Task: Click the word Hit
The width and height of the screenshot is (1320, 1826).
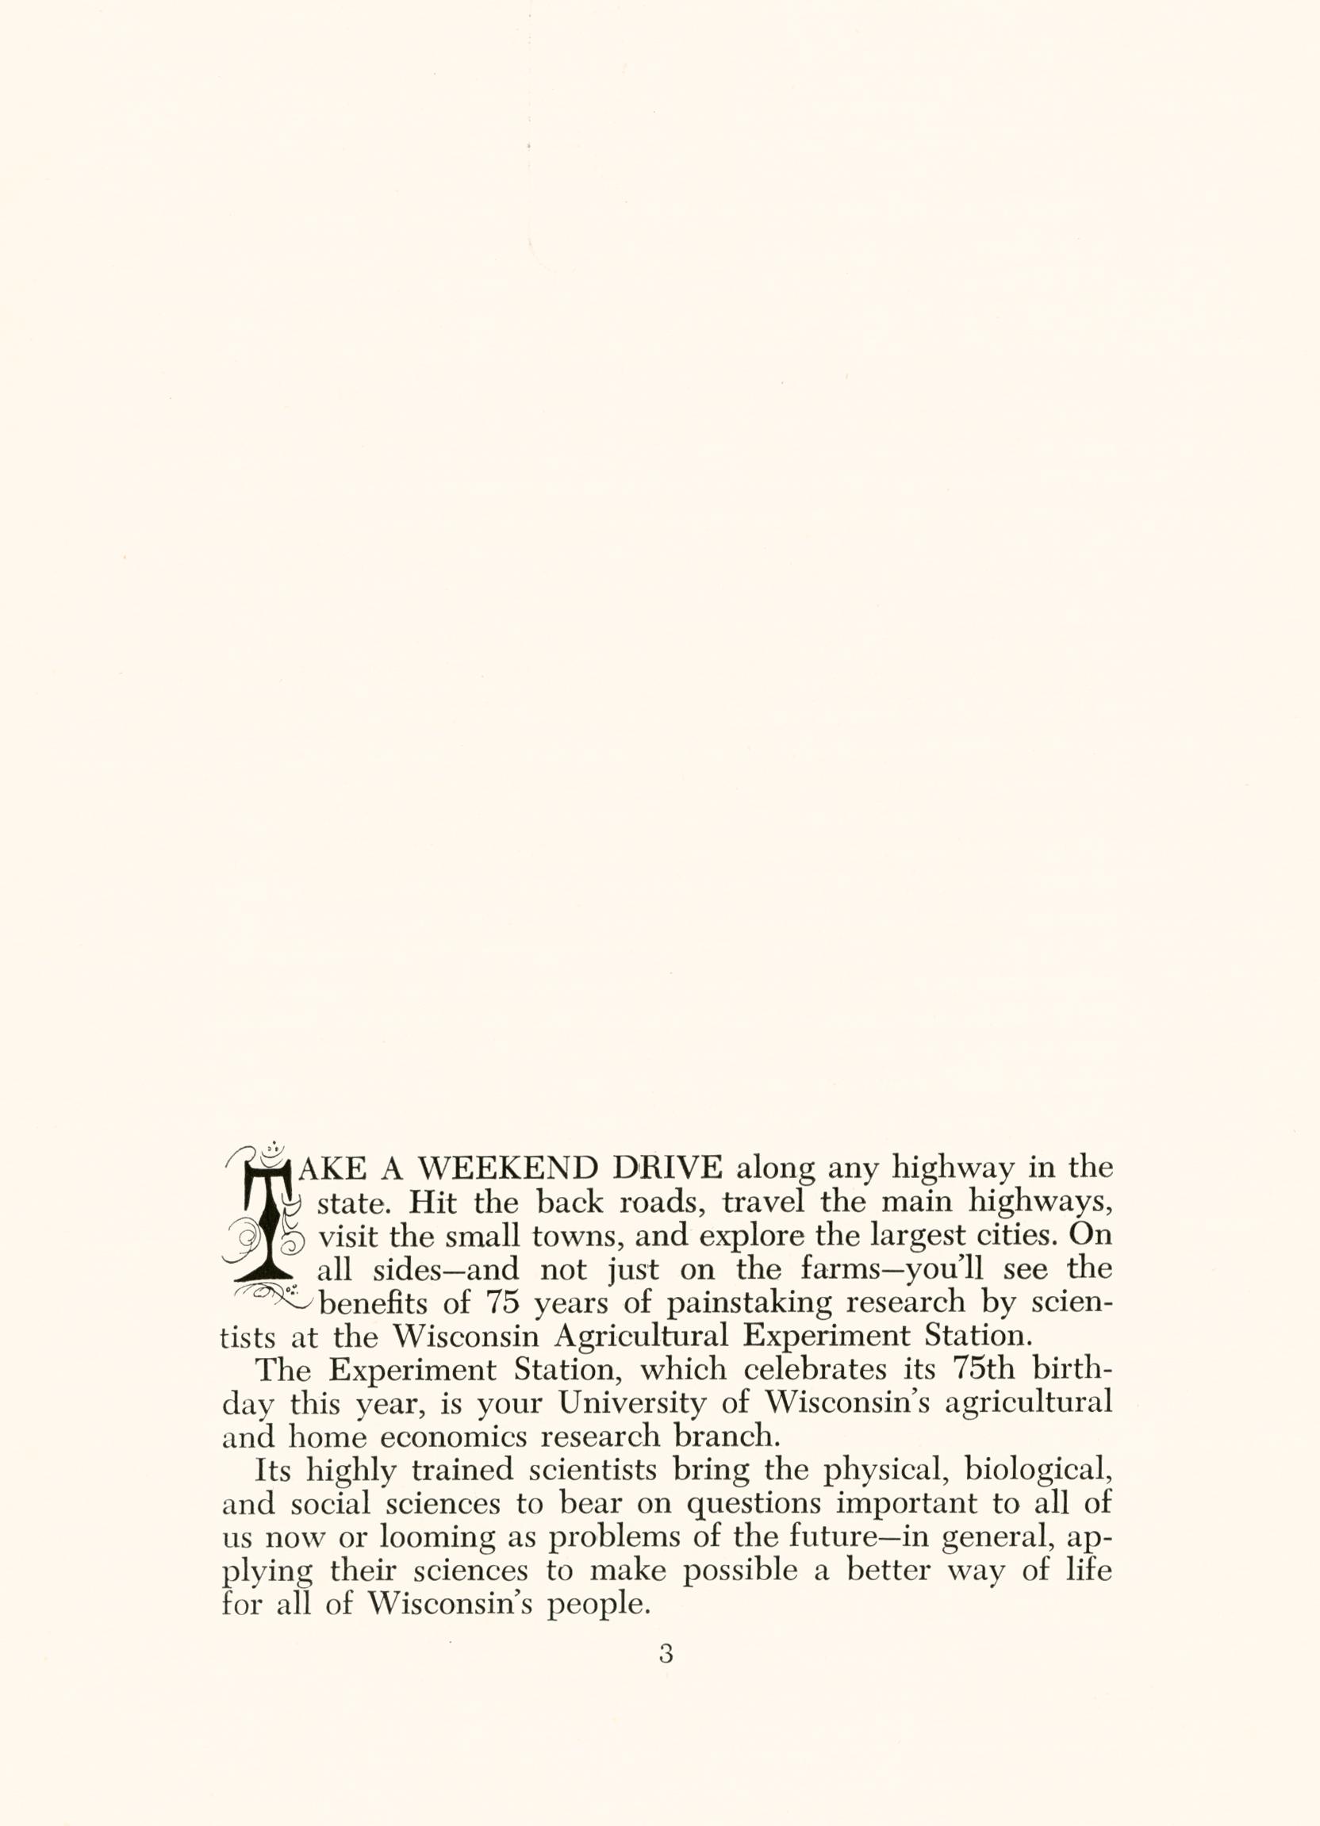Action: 432,1202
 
